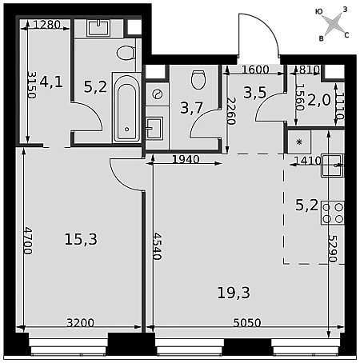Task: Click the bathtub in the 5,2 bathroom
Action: [126, 107]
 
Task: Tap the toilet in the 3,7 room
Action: [198, 79]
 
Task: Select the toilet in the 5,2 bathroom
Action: [126, 53]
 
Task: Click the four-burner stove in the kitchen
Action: [333, 213]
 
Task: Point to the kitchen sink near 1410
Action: [333, 166]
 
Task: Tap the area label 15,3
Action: [81, 239]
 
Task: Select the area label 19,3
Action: [234, 293]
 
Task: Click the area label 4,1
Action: [51, 82]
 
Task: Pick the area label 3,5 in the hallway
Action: [255, 93]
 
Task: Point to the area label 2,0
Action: [319, 100]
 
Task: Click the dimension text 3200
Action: [80, 323]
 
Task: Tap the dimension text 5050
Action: [247, 323]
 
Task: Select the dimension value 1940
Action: [186, 159]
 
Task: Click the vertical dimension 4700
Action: [28, 241]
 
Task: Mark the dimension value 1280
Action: [47, 25]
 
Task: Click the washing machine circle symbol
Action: [157, 94]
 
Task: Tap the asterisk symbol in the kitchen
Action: [299, 142]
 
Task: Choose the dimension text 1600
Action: [255, 70]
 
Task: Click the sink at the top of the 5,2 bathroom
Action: [98, 27]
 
